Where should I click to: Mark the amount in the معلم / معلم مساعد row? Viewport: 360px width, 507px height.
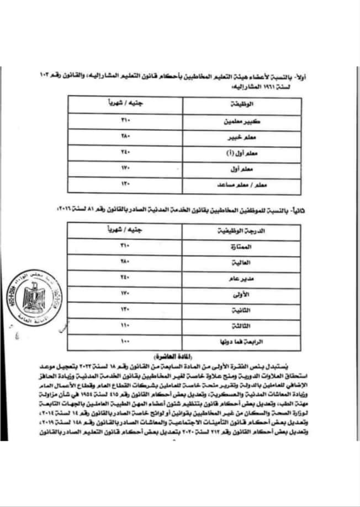coord(125,183)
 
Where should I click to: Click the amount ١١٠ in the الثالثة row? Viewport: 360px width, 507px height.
coord(125,326)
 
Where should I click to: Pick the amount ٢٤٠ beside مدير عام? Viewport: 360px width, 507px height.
coord(125,277)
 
